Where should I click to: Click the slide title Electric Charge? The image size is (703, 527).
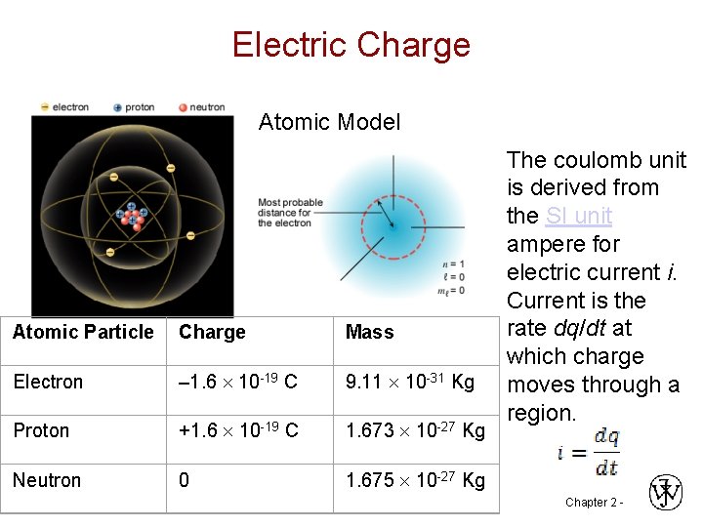[351, 45]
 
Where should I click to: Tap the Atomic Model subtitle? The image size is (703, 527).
[329, 122]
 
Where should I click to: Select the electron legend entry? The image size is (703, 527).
[64, 107]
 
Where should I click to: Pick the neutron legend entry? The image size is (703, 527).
[202, 107]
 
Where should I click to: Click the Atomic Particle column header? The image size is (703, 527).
[83, 332]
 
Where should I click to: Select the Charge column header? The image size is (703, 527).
[212, 332]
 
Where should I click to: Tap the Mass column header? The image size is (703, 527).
[369, 332]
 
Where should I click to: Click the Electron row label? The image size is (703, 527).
[48, 382]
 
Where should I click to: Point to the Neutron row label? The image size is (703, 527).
[47, 480]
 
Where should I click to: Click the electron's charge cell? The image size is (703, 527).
[238, 382]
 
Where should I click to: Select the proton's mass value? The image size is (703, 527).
[415, 430]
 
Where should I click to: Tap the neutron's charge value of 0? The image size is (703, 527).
[184, 480]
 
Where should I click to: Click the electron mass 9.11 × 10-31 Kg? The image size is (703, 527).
[409, 382]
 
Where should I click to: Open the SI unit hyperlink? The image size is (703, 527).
[578, 216]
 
